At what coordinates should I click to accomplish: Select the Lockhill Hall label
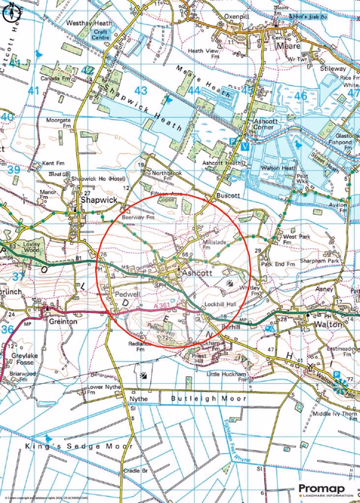[x=220, y=302]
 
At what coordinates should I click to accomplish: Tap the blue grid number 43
[x=140, y=90]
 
